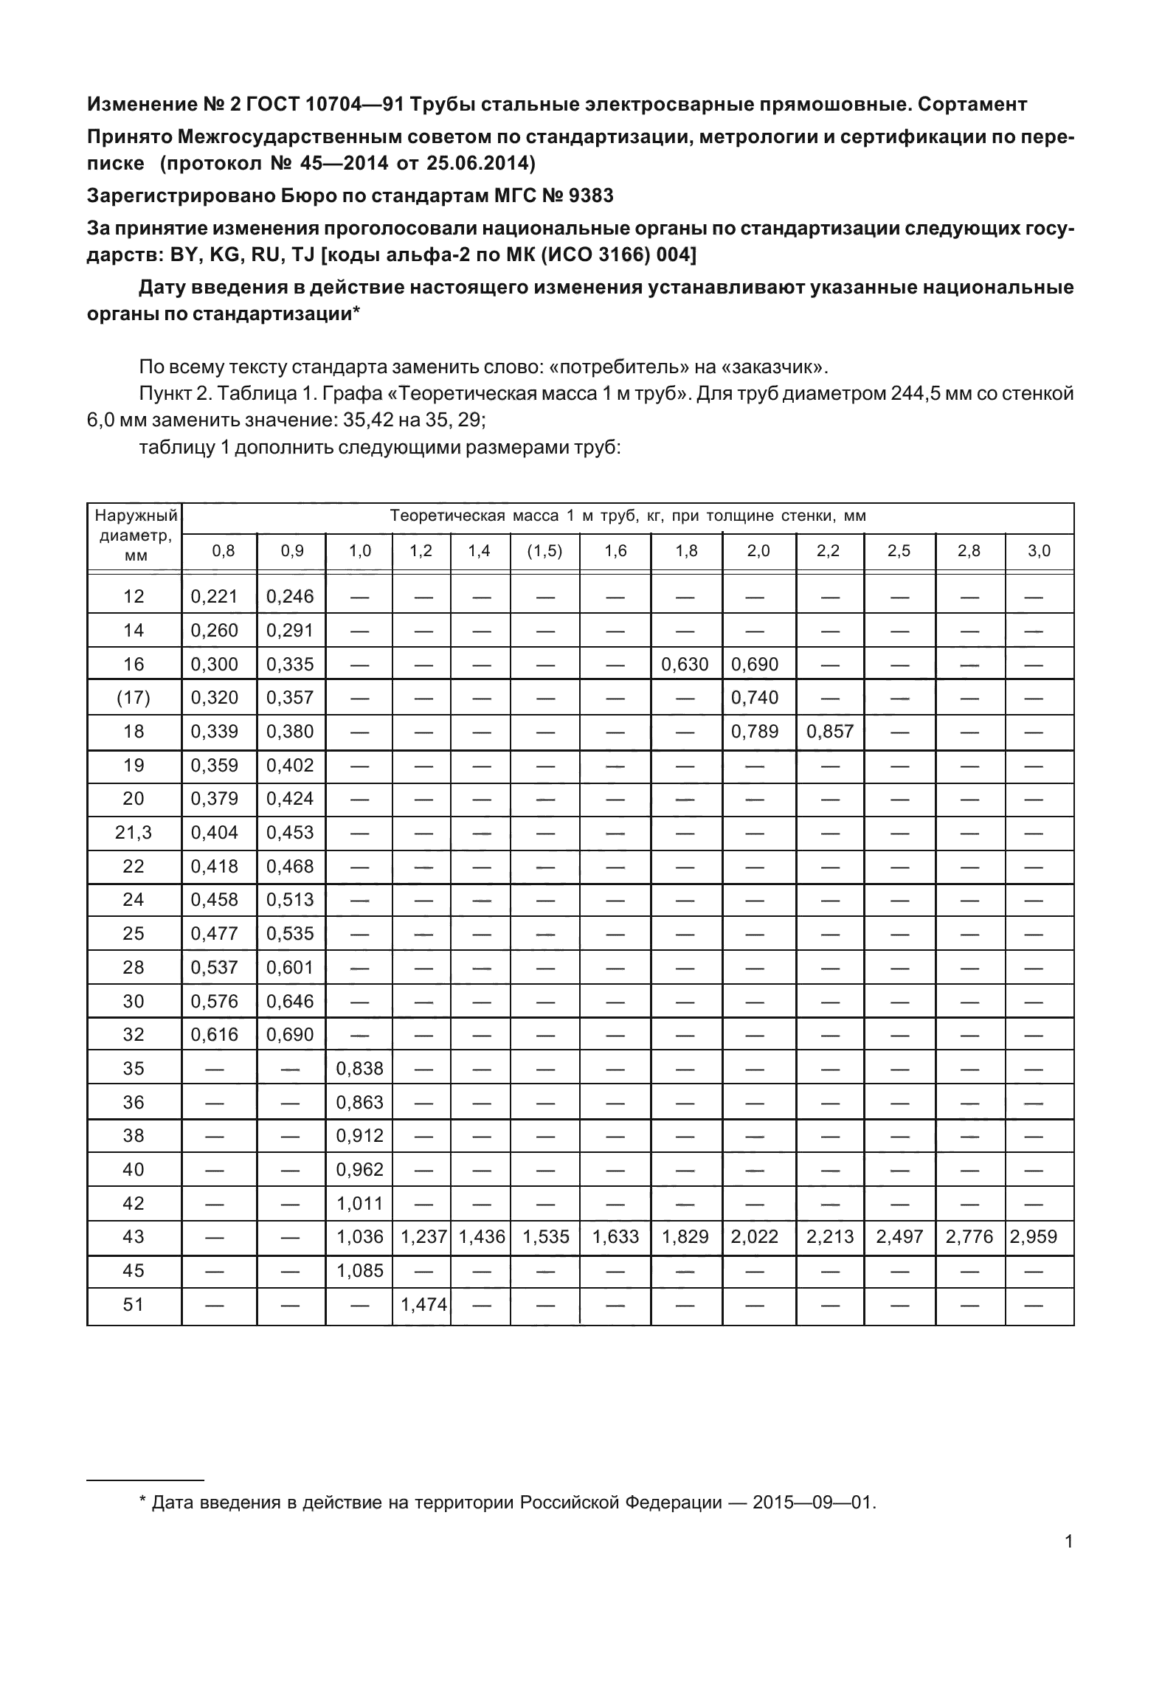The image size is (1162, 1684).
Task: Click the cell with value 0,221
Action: [214, 596]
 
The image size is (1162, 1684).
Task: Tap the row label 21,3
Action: [134, 832]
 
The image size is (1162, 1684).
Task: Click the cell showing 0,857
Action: [829, 731]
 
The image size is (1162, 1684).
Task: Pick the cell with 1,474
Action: [423, 1304]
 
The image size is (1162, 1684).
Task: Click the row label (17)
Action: [134, 697]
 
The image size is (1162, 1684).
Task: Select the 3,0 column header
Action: [1039, 551]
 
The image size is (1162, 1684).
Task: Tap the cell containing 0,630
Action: [685, 664]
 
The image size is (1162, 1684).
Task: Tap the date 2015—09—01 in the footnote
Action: [814, 1502]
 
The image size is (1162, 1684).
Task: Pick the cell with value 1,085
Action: [359, 1270]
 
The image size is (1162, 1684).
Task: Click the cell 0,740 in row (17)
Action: [754, 697]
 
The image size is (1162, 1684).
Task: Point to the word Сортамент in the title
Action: [972, 104]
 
